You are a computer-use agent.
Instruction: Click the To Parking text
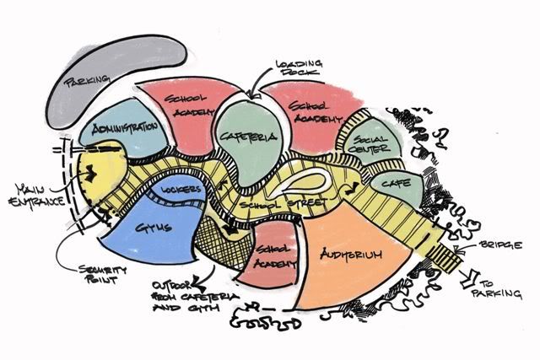click(504, 287)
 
